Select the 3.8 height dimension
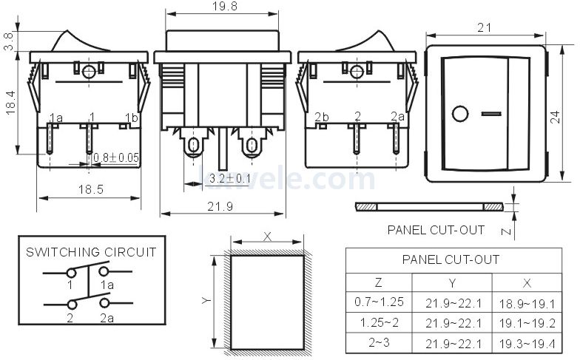click(x=8, y=41)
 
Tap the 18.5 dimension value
click(x=90, y=189)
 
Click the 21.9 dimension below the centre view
click(x=220, y=206)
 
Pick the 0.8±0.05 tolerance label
click(x=116, y=157)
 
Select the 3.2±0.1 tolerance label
click(x=228, y=178)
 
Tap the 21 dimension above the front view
click(x=485, y=28)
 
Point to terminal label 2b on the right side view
click(x=322, y=118)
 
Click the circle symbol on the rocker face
click(x=460, y=114)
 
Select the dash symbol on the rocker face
click(x=490, y=114)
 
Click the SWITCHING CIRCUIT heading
click(x=91, y=252)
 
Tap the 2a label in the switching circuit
click(x=107, y=319)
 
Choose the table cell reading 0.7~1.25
click(x=378, y=302)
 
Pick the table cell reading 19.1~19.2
click(x=527, y=323)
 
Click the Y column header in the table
click(x=452, y=282)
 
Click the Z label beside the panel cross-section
click(x=504, y=231)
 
